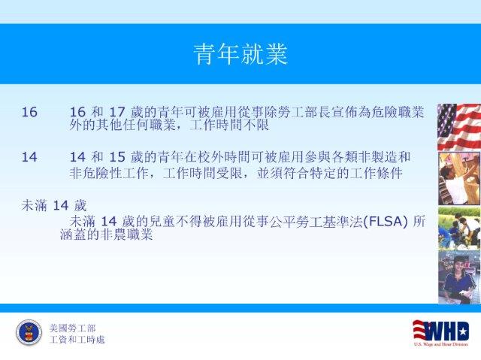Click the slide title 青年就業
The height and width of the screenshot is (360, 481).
(x=240, y=54)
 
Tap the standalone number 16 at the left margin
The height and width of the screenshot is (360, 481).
(x=29, y=112)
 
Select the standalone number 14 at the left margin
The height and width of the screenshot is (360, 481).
(x=29, y=157)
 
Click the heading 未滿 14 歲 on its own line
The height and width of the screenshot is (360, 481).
(x=54, y=205)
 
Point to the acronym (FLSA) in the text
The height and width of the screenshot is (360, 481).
(x=386, y=221)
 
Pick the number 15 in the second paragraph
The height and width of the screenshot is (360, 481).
(x=117, y=157)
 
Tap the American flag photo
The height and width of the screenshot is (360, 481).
(x=459, y=127)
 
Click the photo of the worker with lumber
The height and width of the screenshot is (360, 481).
(x=459, y=178)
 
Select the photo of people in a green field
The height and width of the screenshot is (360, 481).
(x=459, y=228)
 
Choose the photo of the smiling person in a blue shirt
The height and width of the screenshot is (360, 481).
(x=459, y=277)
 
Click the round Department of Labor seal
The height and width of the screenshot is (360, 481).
(x=29, y=332)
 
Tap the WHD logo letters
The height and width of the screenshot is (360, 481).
(x=444, y=331)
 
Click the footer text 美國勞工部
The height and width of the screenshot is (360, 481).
(x=72, y=328)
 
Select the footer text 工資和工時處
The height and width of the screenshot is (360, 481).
(x=77, y=340)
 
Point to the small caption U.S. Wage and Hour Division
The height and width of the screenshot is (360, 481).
(x=441, y=344)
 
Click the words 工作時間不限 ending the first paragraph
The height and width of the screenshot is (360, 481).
(x=229, y=125)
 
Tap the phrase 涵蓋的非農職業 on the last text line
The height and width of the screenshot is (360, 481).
(x=107, y=234)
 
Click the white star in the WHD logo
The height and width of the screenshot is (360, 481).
(x=463, y=331)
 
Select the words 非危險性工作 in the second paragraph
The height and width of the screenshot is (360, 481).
(x=109, y=174)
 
